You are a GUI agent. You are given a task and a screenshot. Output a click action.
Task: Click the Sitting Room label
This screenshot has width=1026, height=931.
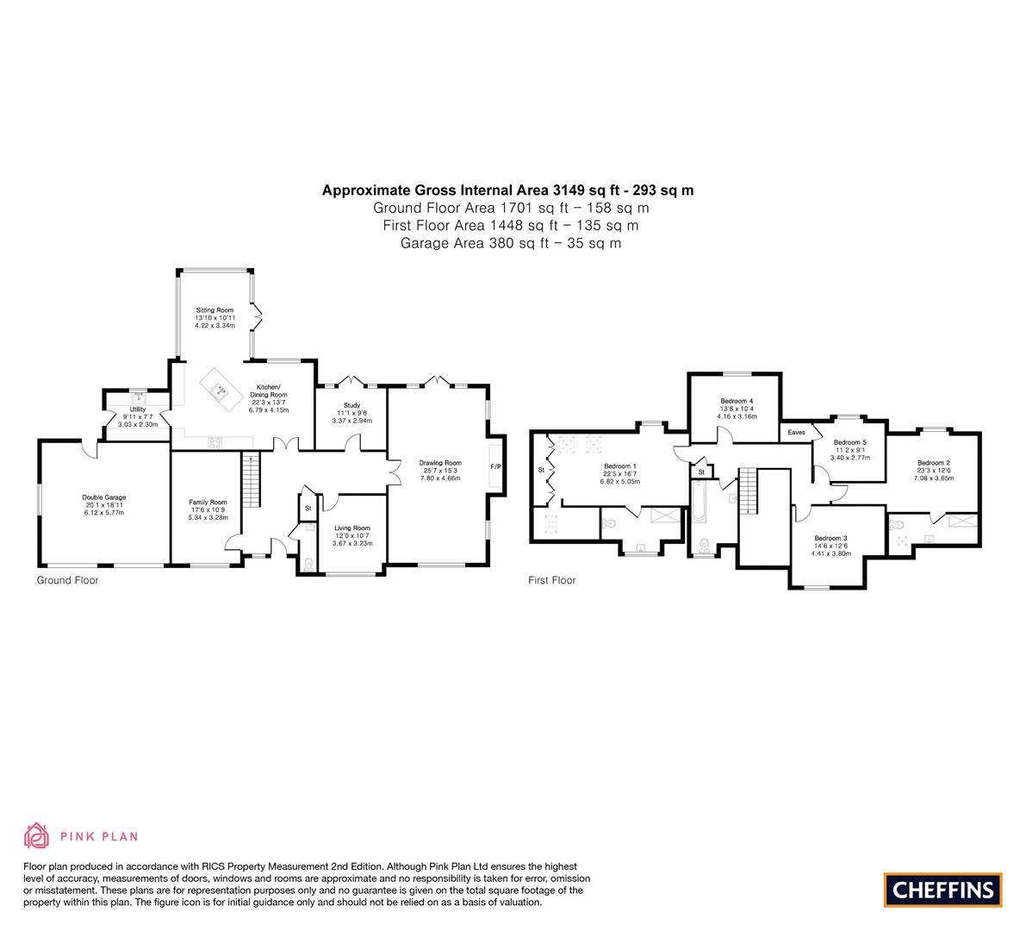215,310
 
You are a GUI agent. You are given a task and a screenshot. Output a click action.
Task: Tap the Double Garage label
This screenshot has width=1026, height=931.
104,497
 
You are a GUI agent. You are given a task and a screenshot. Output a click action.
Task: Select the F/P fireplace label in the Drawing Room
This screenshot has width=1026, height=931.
496,467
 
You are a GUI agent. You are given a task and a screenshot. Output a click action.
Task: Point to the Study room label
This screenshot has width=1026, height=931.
352,405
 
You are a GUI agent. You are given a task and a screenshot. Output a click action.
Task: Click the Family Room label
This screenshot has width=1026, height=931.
208,503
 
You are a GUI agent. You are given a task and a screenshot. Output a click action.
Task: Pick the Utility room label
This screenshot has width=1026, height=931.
138,409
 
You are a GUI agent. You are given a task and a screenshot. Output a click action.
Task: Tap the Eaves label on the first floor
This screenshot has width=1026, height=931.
796,432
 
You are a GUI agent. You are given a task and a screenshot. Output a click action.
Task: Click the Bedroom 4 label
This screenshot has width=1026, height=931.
737,401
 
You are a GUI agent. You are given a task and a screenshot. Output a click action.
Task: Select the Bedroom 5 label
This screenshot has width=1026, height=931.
850,442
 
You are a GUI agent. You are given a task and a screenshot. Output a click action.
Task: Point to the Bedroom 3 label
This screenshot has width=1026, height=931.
831,538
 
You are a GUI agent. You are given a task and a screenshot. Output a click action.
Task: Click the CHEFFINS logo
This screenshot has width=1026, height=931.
943,890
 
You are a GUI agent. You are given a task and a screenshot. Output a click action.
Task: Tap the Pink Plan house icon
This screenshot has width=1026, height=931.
37,836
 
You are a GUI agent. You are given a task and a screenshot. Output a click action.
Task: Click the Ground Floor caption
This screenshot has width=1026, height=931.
67,580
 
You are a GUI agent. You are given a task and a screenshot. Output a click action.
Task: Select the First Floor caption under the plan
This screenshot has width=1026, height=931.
552,580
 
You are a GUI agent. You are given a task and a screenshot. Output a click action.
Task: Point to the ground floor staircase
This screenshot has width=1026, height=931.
252,480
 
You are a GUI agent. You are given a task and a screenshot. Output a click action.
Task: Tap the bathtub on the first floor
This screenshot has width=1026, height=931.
700,502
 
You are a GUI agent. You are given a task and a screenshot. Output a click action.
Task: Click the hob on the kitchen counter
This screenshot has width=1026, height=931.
215,442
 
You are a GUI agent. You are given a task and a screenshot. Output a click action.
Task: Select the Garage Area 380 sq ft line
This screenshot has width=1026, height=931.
510,244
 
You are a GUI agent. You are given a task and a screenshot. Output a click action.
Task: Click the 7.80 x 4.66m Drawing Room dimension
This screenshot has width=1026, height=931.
440,478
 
